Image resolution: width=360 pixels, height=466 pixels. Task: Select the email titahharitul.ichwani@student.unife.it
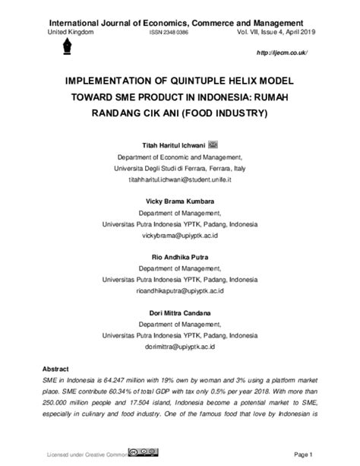click(180, 180)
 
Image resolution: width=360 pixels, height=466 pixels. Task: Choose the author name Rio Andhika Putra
click(180, 256)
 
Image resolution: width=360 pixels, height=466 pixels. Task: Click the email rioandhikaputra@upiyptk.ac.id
click(180, 291)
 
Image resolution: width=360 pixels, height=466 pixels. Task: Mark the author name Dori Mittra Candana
click(180, 312)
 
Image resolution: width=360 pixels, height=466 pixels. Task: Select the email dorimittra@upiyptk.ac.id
click(180, 347)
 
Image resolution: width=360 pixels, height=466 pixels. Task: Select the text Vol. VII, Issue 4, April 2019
click(274, 34)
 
